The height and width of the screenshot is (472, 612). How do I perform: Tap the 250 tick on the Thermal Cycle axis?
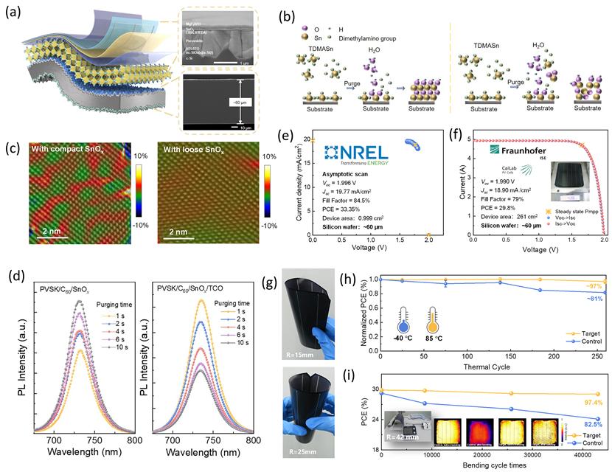596,357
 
